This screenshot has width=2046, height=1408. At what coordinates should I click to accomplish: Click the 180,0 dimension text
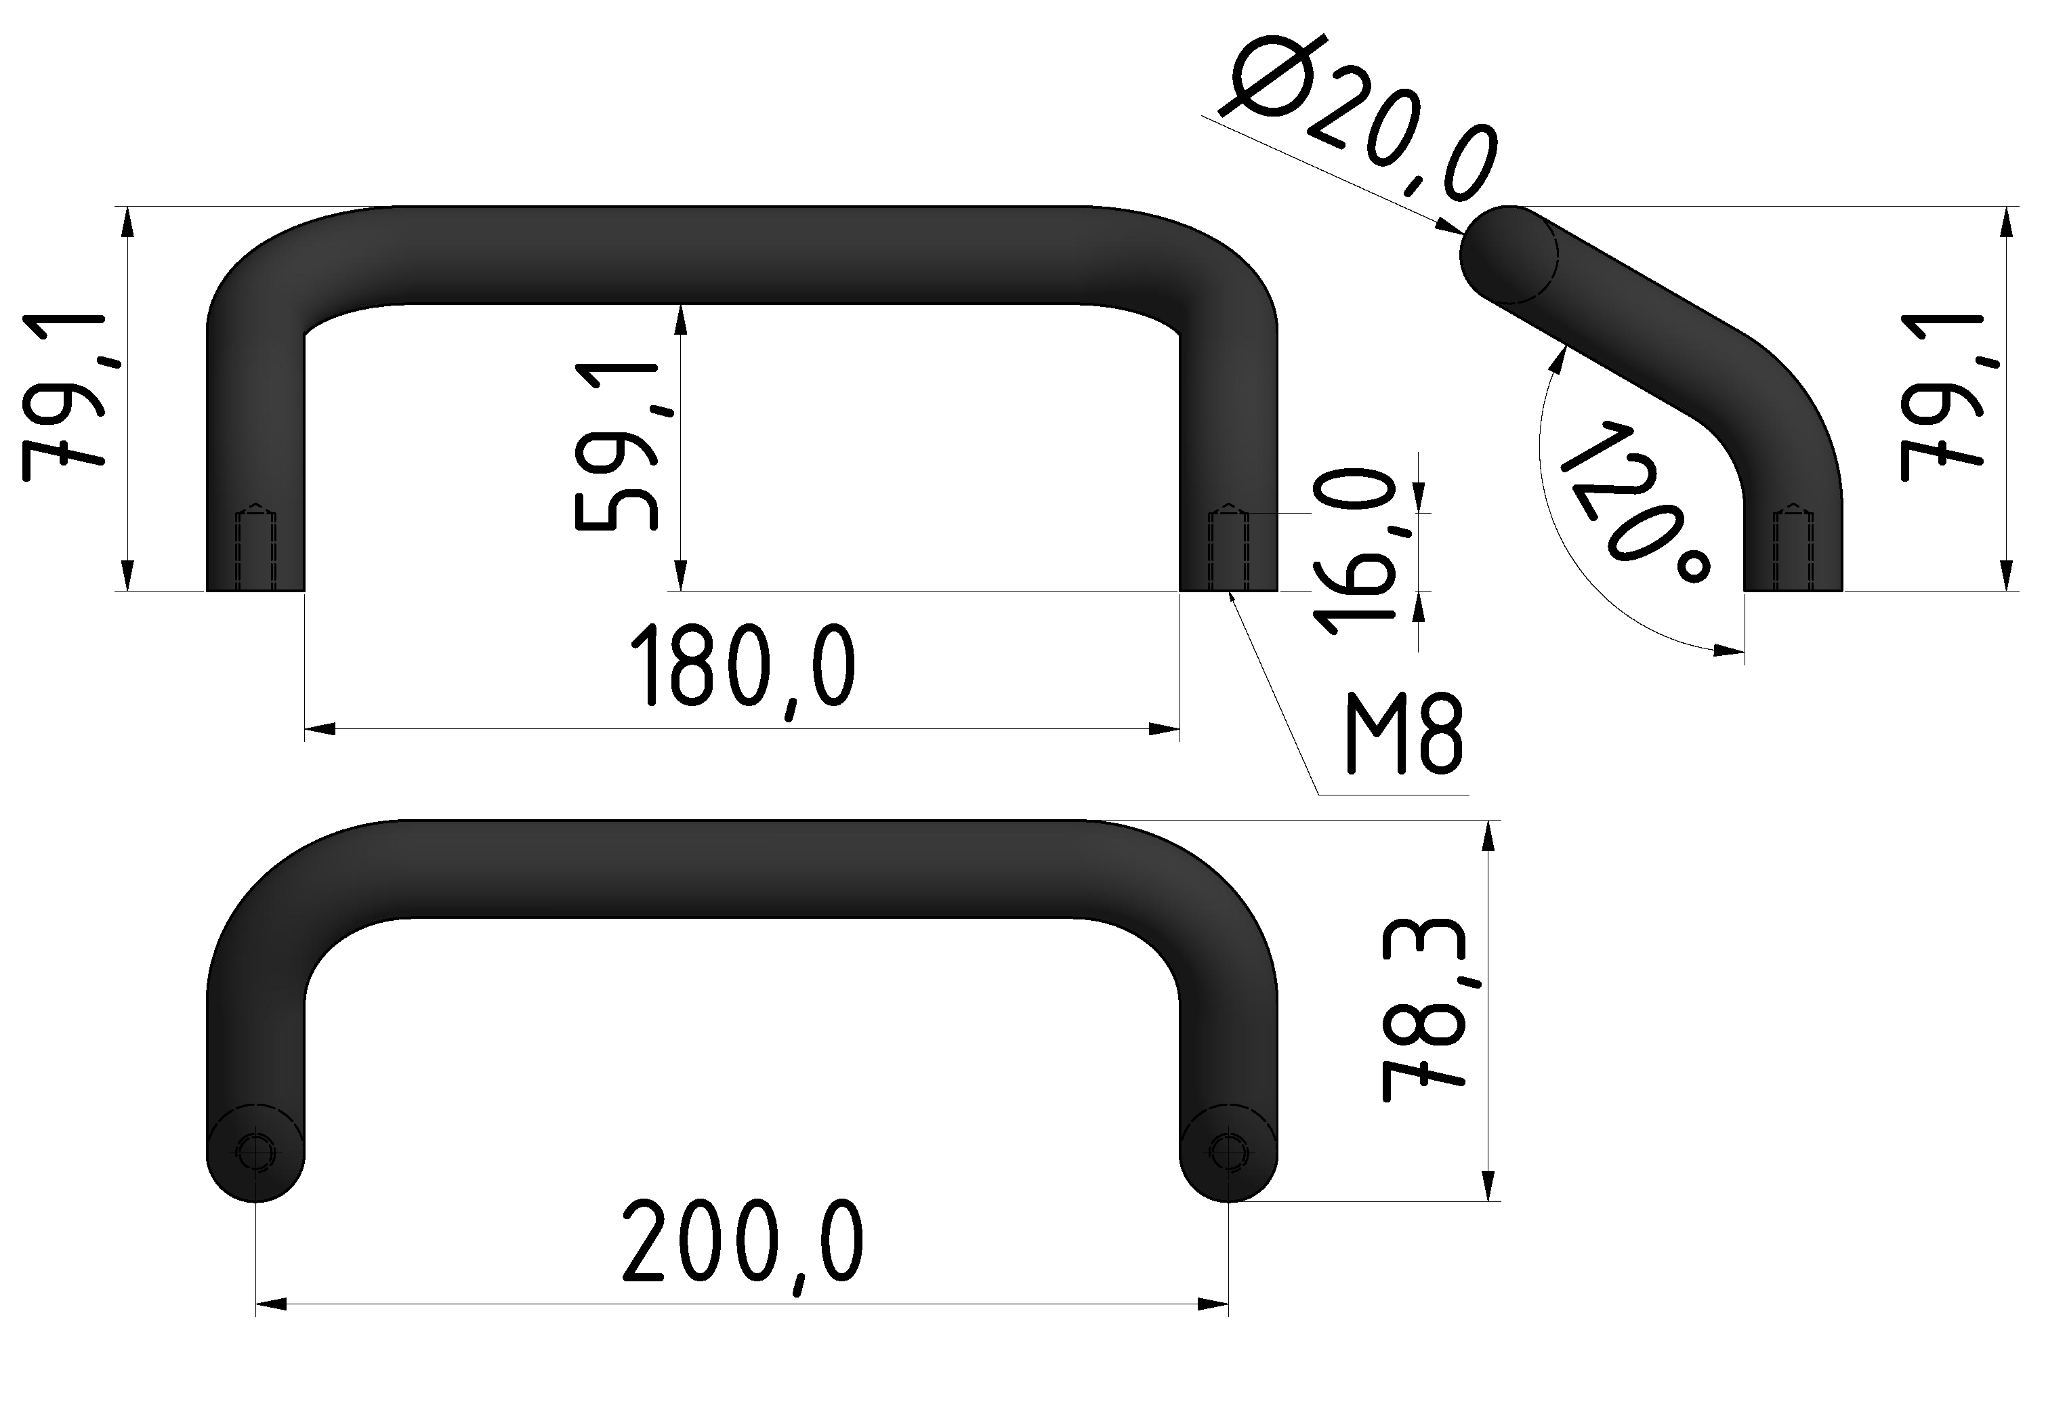coord(743,667)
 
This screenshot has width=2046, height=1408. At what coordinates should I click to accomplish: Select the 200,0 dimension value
coord(743,1242)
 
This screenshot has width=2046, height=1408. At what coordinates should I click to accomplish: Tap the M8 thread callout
coord(1404,733)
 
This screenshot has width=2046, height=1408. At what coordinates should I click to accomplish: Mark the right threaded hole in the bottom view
coord(1228,1151)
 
